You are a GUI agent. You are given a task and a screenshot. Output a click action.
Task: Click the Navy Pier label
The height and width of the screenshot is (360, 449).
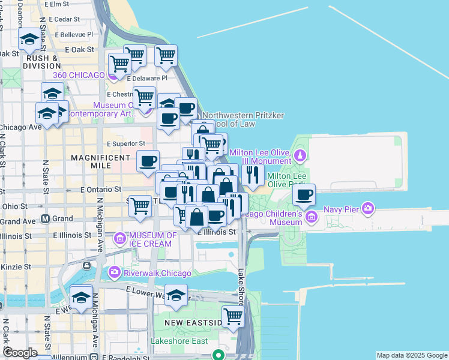click(340, 209)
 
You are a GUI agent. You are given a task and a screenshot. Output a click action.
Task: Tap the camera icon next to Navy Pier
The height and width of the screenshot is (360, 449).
click(368, 209)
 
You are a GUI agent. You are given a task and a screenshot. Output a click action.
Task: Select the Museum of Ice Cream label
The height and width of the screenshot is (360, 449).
click(152, 239)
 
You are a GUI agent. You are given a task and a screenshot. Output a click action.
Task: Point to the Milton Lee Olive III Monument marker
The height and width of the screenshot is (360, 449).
click(301, 157)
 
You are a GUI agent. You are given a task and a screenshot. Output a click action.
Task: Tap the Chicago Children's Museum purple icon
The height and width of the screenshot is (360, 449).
click(311, 215)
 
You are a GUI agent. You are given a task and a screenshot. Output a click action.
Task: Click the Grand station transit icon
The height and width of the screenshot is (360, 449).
click(45, 219)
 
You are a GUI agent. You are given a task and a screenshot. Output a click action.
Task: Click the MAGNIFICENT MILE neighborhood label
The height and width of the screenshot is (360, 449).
click(101, 161)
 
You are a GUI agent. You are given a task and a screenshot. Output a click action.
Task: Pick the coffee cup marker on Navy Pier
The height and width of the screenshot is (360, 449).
click(304, 196)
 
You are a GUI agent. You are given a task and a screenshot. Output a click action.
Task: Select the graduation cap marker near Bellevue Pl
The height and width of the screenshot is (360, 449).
click(29, 40)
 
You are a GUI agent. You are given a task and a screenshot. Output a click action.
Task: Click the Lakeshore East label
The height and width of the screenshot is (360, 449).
click(179, 341)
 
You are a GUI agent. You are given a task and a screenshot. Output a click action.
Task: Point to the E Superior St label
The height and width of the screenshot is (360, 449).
click(126, 144)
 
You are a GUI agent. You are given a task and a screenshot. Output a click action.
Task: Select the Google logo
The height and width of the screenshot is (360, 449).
click(20, 352)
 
